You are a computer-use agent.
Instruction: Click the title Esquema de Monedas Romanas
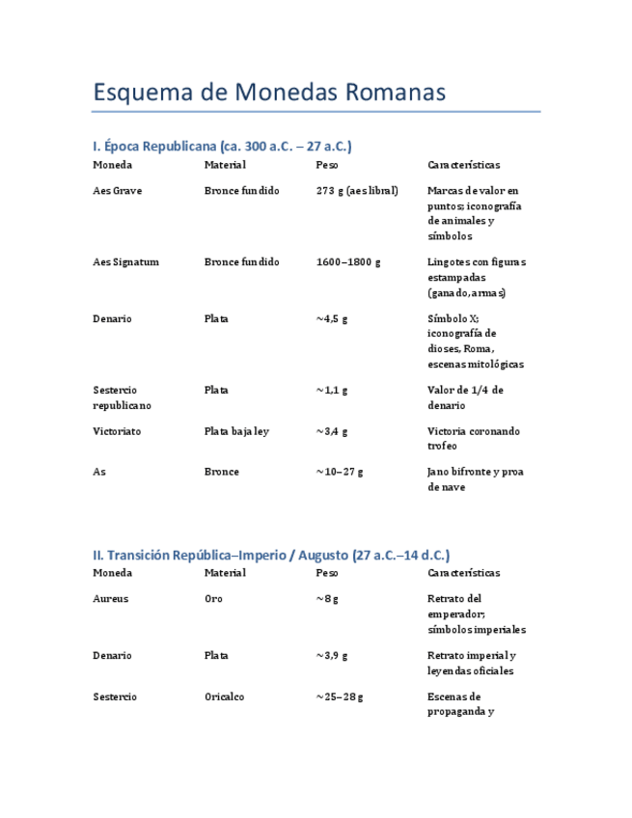coord(269,93)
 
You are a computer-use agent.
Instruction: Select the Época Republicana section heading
coord(222,147)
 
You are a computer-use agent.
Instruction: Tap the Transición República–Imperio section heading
coord(271,556)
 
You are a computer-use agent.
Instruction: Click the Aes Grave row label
coord(117,191)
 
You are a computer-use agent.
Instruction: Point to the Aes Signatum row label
coord(125,262)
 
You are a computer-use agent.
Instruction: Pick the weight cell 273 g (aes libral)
coord(357,191)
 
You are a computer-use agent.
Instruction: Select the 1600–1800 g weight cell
coord(348,262)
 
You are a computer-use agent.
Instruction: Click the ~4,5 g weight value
coord(331,319)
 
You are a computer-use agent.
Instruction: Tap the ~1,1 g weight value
coord(331,391)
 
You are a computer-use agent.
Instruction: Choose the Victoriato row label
coord(117,431)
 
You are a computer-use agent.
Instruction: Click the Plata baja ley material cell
coord(236,431)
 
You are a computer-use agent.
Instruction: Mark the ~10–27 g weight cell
coord(339,473)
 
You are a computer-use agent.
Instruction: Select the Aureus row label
coord(110,599)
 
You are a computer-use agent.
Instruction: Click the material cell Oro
coord(213,599)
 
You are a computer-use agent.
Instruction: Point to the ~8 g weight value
coord(326,599)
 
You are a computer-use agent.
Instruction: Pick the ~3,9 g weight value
coord(331,656)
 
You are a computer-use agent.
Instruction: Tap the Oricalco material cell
coord(225,697)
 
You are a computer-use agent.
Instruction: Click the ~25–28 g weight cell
coord(339,697)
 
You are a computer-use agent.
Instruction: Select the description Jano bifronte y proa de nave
coord(476,479)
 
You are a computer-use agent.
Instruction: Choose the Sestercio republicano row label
coord(122,398)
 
